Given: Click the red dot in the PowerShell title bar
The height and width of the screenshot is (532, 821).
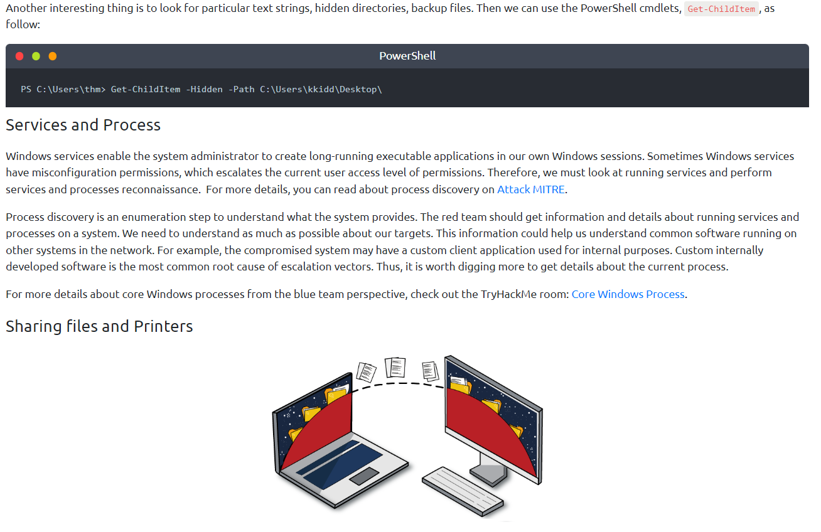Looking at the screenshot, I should click(x=19, y=56).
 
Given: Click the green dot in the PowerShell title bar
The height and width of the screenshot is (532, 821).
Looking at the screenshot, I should click(x=36, y=56).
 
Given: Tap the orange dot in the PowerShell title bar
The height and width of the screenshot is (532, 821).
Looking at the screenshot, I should click(x=52, y=56).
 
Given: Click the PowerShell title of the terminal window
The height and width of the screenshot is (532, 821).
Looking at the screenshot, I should click(x=407, y=56).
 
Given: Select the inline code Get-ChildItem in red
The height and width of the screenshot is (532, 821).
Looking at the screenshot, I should click(x=721, y=9).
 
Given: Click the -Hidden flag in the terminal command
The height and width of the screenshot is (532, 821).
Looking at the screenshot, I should click(x=204, y=90).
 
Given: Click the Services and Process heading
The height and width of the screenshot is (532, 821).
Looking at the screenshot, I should click(x=83, y=125).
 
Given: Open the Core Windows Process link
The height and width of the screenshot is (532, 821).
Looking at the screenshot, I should click(x=628, y=294).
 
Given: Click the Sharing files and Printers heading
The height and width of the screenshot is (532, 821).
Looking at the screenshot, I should click(x=99, y=326).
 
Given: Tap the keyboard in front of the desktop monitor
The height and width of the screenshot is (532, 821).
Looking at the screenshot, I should click(x=463, y=489).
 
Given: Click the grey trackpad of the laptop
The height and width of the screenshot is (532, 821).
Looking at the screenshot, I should click(x=364, y=476).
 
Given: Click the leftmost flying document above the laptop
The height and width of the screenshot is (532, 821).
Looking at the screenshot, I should click(x=367, y=371).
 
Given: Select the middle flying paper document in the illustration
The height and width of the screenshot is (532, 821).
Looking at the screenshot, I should click(x=395, y=366).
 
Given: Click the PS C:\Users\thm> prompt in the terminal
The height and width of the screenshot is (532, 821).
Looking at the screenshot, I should click(x=63, y=90).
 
